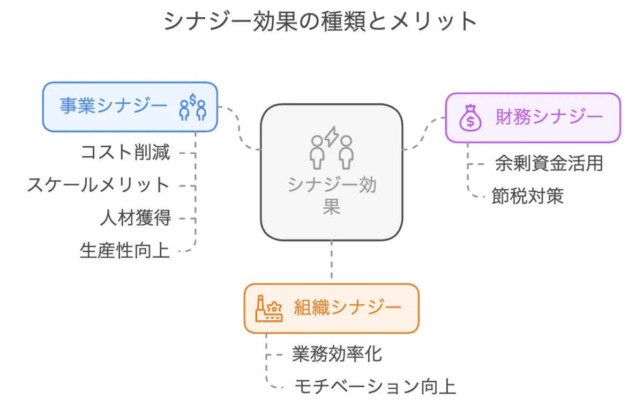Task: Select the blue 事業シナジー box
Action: (130, 107)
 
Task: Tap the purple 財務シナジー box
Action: (533, 117)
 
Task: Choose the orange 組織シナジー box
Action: (331, 308)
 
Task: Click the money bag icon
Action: (470, 118)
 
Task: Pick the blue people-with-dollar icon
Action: (192, 107)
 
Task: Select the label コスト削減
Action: (125, 153)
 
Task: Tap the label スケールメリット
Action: (99, 185)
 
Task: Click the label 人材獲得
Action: (135, 218)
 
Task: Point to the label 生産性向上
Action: (125, 251)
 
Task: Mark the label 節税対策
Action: (527, 196)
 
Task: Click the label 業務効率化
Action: (337, 354)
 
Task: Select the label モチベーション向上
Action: (375, 387)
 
